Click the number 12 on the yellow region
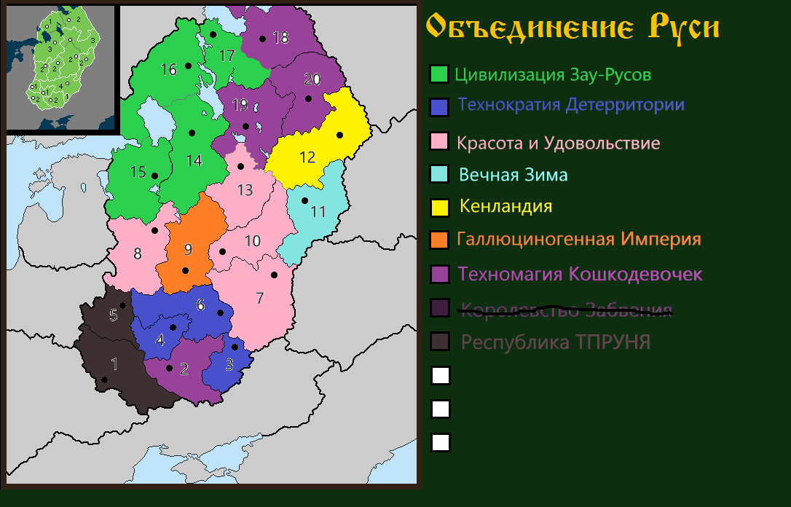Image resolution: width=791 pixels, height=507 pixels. coord(307,157)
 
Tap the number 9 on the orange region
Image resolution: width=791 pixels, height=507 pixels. coord(188,250)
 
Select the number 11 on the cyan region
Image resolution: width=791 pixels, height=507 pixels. coord(318,212)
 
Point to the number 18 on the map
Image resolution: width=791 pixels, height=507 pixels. coord(280,38)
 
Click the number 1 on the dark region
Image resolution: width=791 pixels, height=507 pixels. coord(113,363)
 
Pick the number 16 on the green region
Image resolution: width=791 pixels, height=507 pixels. coord(168,70)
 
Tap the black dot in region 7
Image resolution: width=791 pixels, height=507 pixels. coord(275,275)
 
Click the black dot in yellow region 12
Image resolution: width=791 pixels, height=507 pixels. coord(339,135)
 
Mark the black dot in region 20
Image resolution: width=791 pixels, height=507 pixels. coord(308,98)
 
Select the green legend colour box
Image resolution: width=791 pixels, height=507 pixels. coord(439,74)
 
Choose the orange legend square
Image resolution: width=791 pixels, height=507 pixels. coord(439,240)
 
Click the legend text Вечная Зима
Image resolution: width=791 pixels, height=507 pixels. coord(513,175)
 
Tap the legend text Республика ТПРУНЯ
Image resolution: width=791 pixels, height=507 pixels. coord(556,342)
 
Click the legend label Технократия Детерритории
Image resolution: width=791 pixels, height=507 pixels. coord(571,105)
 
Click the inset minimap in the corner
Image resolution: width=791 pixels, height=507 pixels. coord(61,68)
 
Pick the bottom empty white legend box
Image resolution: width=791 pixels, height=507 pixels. coord(441,442)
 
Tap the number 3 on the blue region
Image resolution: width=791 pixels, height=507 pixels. coord(229,366)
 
